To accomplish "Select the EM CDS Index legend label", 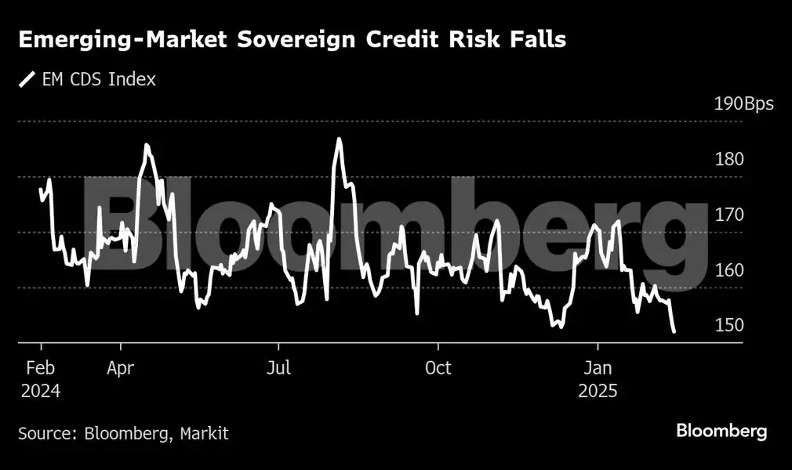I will click(x=99, y=79).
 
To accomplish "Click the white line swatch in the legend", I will click(x=27, y=79).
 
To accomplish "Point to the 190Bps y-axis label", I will click(x=743, y=104).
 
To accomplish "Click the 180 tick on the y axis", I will click(x=728, y=160).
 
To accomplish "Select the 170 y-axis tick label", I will click(x=728, y=215).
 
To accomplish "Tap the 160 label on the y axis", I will click(x=728, y=270).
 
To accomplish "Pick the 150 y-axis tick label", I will click(x=728, y=325).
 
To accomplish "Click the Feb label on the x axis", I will click(x=39, y=368).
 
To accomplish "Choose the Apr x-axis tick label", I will click(x=121, y=368).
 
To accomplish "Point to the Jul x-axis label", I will click(x=278, y=368).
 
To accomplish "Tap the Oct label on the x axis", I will click(x=438, y=368).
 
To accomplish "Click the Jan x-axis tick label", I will click(x=598, y=368).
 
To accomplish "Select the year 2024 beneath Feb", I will click(x=40, y=390).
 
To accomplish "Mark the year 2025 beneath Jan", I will click(x=598, y=390).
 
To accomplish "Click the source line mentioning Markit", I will click(x=124, y=432).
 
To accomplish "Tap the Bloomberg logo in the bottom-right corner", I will click(x=721, y=431).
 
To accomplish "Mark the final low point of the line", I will click(x=674, y=332).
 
